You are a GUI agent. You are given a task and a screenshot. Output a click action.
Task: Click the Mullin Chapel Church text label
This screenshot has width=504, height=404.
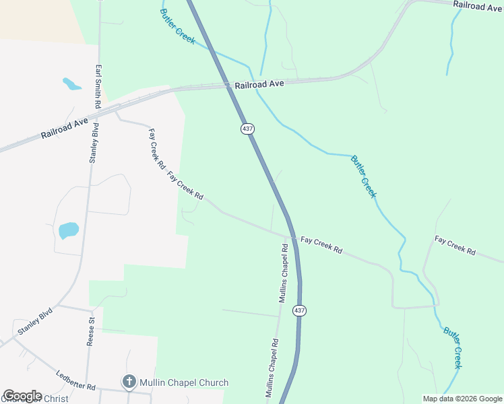click(184, 382)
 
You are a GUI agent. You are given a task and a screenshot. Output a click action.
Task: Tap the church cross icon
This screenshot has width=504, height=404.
click(129, 382)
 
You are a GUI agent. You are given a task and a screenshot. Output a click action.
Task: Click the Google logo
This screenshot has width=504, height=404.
click(22, 396)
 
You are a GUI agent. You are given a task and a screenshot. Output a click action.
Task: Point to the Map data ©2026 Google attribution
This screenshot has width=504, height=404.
click(462, 399)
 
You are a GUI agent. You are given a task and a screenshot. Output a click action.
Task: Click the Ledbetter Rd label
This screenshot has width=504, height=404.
click(76, 382)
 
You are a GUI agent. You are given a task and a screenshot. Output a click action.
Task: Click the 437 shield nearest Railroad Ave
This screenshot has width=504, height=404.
click(247, 128)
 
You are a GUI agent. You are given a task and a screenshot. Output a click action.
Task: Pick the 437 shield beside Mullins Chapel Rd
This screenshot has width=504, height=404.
click(300, 311)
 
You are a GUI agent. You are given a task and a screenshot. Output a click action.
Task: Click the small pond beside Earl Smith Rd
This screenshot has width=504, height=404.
click(71, 84)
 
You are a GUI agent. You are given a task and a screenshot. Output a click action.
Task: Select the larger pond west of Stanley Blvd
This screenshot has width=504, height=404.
click(69, 230)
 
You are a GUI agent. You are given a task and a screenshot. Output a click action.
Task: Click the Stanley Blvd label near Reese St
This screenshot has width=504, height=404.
click(35, 322)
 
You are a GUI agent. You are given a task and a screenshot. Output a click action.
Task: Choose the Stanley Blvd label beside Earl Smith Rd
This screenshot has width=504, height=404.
click(94, 143)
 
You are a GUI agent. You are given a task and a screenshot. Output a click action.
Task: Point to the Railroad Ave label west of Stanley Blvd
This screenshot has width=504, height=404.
click(65, 127)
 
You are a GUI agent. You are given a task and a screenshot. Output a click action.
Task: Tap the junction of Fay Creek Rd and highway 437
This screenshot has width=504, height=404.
click(292, 237)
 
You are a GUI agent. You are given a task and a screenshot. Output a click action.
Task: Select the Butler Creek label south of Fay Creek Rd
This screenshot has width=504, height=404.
click(453, 347)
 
